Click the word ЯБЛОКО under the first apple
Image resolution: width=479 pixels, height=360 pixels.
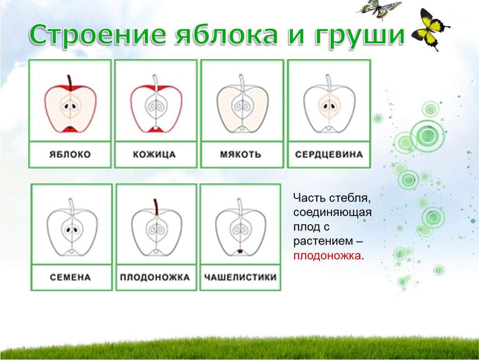point(70,154)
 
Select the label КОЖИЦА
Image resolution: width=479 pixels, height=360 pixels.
point(154,154)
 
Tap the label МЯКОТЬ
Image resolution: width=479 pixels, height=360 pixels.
point(241,154)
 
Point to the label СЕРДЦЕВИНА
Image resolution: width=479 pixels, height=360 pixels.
point(329,154)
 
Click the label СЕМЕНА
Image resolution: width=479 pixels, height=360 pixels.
point(70,277)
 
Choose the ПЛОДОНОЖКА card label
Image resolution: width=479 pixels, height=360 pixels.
point(155,277)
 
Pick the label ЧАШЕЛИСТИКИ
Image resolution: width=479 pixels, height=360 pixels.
point(240,277)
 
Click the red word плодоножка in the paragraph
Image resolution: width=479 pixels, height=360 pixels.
point(327,255)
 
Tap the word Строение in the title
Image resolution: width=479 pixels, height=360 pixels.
point(98,35)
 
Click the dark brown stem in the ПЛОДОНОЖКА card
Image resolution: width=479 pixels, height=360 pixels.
point(155,207)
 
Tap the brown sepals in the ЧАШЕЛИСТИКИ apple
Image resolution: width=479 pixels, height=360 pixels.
point(240,252)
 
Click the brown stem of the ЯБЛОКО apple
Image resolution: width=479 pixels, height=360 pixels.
point(70,83)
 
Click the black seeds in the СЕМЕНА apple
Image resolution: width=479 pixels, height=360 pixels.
point(72,230)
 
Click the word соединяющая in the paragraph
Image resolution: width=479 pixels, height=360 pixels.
point(332,212)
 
